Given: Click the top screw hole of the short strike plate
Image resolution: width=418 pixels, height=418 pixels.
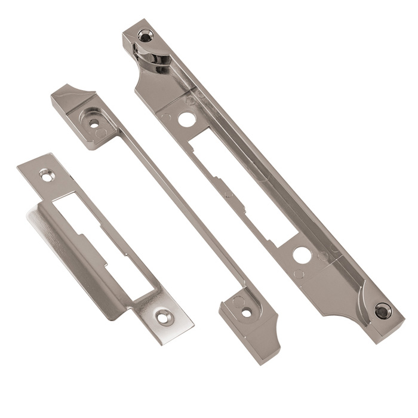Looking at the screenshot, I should coord(46,175).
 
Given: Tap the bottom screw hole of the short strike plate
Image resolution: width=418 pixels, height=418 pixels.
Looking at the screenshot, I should coord(162,317).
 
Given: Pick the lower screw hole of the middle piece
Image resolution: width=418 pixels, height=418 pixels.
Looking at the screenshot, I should coord(245,312).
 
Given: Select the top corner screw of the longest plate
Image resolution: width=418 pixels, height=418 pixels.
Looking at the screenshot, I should coord(145,35).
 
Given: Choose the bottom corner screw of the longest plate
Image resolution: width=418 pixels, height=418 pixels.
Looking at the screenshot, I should coord(382,309).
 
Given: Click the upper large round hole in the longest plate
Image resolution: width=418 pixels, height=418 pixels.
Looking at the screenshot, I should coord(186,118).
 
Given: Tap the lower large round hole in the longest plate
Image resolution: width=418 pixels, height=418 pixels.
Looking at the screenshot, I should coord(300,254).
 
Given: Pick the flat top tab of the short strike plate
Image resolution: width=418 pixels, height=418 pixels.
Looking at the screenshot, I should coord(42,170).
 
